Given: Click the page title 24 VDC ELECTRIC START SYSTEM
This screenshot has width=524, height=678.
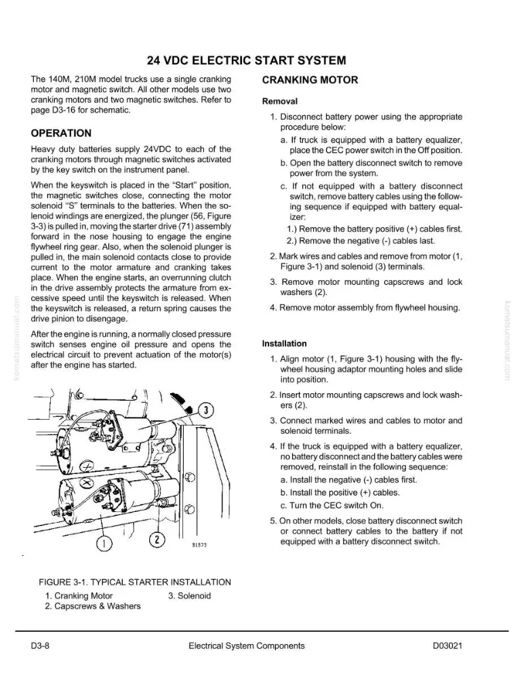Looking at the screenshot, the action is pyautogui.click(x=247, y=60).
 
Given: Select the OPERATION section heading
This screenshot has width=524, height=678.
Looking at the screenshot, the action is pyautogui.click(x=61, y=133).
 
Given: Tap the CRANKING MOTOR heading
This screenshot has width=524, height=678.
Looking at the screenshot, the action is pyautogui.click(x=310, y=80).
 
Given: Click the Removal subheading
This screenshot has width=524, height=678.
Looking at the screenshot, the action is pyautogui.click(x=280, y=101).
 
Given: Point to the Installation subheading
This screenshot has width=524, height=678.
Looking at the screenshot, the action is pyautogui.click(x=284, y=344).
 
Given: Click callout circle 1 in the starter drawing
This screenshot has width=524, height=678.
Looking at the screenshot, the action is pyautogui.click(x=104, y=544).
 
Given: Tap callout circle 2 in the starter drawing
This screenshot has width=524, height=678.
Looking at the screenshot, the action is pyautogui.click(x=157, y=540).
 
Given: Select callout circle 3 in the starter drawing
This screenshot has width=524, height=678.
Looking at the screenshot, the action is pyautogui.click(x=206, y=410).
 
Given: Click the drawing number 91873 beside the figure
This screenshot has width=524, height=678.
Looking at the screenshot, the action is pyautogui.click(x=199, y=545).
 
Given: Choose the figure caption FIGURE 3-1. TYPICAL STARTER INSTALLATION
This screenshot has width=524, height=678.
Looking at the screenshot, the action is pyautogui.click(x=135, y=582).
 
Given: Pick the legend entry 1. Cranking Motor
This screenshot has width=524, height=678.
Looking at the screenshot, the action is pyautogui.click(x=79, y=596).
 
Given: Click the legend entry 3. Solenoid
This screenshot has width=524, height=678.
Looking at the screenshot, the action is pyautogui.click(x=189, y=596).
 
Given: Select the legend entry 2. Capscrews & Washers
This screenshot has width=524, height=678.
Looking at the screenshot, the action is pyautogui.click(x=92, y=606).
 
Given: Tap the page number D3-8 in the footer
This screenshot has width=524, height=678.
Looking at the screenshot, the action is pyautogui.click(x=40, y=646).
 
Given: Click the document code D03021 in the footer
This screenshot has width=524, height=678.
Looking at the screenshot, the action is pyautogui.click(x=447, y=646).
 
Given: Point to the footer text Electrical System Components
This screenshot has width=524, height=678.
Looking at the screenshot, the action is pyautogui.click(x=247, y=646).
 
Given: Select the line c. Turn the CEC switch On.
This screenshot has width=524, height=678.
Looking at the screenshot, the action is pyautogui.click(x=332, y=506).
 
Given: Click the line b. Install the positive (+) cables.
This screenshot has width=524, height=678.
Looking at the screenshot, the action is pyautogui.click(x=340, y=492).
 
